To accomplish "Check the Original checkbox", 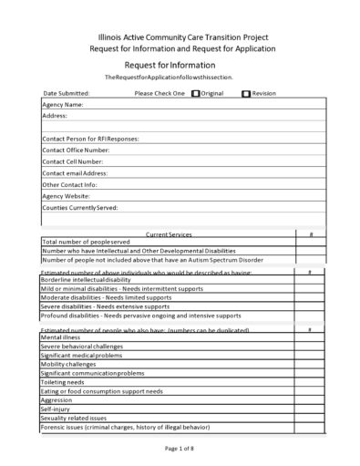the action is coord(196,93).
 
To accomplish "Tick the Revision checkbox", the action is coord(246,93).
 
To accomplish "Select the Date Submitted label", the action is coord(67,93).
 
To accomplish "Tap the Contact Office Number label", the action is coord(76,150).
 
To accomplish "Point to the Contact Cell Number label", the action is coord(72,161).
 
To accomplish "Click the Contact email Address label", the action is coord(75,173).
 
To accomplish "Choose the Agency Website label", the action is coord(66,196).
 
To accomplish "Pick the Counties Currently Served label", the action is coord(80,208).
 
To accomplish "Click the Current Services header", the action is coord(169,234).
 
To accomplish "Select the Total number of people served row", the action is coord(86,242).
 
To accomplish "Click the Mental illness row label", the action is coord(60,337).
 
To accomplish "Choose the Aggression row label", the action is coord(57,399).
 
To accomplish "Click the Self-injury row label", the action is coord(56,409).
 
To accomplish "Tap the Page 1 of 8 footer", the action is coord(180,449).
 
